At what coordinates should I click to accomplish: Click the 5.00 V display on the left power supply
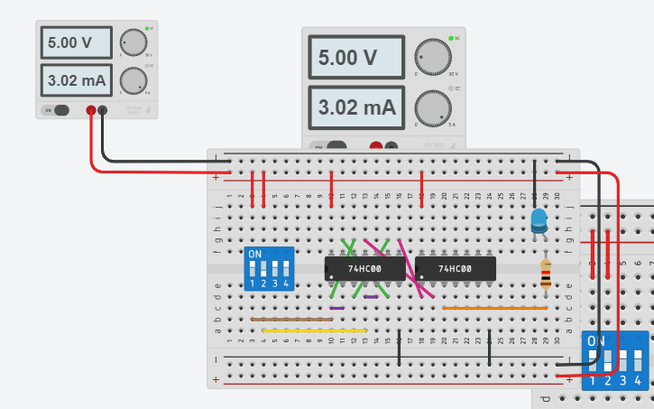pyautogui.click(x=76, y=42)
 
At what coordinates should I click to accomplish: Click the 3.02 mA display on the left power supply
pyautogui.click(x=76, y=80)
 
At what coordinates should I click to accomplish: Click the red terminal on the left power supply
pyautogui.click(x=90, y=110)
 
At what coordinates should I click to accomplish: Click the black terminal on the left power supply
pyautogui.click(x=102, y=110)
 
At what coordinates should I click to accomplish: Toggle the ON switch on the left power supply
pyautogui.click(x=59, y=110)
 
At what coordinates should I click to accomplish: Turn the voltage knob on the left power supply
pyautogui.click(x=134, y=42)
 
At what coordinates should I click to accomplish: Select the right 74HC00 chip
pyautogui.click(x=455, y=269)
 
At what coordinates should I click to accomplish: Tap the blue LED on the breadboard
pyautogui.click(x=539, y=219)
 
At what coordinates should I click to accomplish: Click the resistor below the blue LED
pyautogui.click(x=545, y=274)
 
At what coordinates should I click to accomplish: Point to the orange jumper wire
pyautogui.click(x=494, y=308)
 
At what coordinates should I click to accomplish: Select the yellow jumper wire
pyautogui.click(x=314, y=330)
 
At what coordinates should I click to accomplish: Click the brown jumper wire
pyautogui.click(x=290, y=320)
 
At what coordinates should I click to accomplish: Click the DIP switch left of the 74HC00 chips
pyautogui.click(x=269, y=269)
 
